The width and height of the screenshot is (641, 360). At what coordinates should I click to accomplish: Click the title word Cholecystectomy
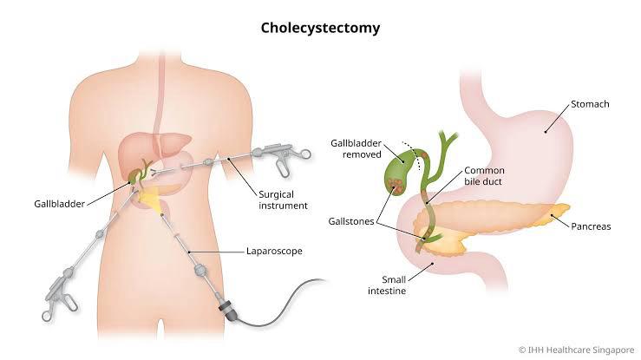(321, 28)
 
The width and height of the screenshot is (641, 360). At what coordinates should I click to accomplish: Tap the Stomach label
(590, 104)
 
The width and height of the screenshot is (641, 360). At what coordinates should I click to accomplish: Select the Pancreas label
(591, 226)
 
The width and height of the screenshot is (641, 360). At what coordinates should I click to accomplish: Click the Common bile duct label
(484, 176)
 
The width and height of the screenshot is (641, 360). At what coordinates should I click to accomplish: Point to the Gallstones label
(351, 221)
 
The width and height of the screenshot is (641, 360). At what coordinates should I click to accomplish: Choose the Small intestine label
(387, 285)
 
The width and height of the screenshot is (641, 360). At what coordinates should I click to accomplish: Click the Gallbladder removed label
(356, 148)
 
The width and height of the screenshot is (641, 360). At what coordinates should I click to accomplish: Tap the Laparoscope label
(274, 251)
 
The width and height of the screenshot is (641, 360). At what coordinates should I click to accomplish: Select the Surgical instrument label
(283, 200)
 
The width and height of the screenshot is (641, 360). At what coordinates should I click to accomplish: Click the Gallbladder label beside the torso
(59, 204)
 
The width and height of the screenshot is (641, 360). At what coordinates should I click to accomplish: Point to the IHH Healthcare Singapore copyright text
(577, 350)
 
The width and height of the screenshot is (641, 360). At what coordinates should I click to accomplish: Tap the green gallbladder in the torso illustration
(134, 177)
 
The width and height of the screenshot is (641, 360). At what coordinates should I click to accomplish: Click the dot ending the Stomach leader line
(546, 132)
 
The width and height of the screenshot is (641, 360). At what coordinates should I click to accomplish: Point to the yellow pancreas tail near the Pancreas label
(556, 213)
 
